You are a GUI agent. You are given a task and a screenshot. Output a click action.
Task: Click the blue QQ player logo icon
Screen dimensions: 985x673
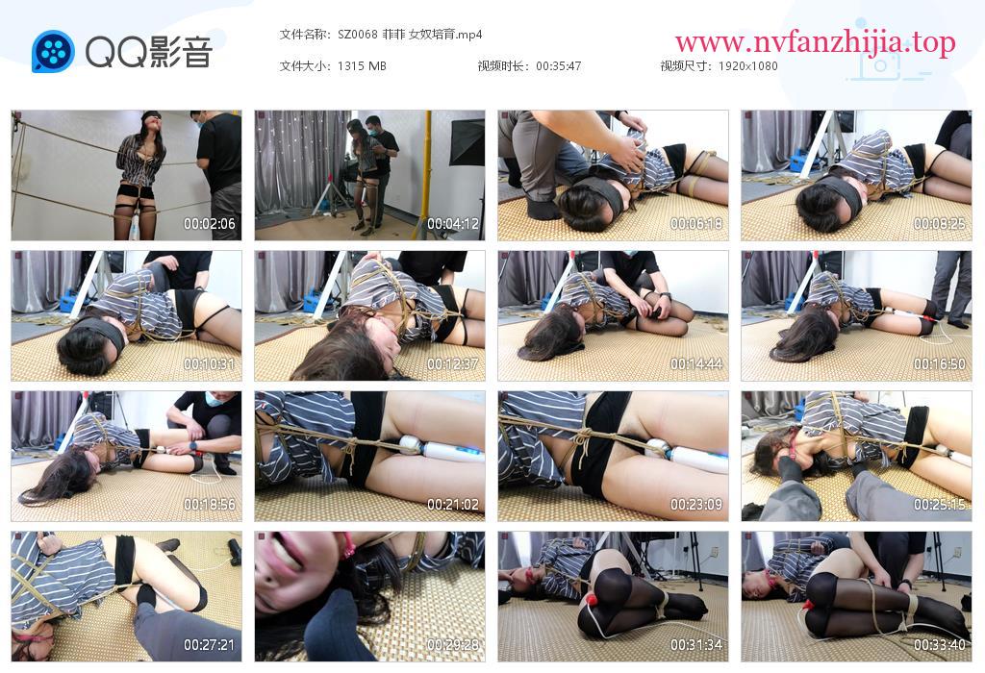tap(53, 52)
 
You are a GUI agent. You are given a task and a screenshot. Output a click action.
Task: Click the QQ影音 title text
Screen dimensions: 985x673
tap(149, 52)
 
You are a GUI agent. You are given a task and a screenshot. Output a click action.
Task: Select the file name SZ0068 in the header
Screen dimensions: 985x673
tap(358, 35)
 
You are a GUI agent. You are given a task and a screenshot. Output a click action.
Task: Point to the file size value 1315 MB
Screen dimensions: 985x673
tap(362, 66)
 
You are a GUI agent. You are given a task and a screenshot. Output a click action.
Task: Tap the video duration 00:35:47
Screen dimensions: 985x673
tap(559, 66)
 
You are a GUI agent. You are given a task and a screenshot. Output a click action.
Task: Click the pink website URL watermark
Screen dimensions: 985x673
tap(816, 42)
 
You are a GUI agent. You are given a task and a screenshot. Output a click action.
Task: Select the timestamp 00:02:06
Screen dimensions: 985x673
tap(209, 223)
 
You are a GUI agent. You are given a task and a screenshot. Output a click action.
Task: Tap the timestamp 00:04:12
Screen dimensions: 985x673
tap(453, 223)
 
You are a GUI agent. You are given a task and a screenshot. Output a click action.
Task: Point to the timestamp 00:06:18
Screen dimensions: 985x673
tap(696, 223)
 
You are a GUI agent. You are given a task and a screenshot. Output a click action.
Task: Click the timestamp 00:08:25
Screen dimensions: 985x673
tap(939, 223)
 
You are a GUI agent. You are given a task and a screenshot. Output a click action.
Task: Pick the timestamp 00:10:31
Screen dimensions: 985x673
tap(209, 364)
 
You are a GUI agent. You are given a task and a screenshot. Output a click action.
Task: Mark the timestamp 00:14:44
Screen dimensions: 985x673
tap(696, 364)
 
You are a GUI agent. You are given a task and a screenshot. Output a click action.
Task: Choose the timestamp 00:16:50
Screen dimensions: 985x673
tap(939, 364)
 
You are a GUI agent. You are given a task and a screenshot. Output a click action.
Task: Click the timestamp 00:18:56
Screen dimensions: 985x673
tap(209, 505)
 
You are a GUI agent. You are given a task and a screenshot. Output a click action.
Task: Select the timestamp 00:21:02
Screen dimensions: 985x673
tap(453, 505)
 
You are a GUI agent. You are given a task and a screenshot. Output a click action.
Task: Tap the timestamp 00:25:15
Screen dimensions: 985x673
tap(939, 505)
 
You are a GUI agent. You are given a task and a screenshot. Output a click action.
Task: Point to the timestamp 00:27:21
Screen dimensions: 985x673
tap(209, 645)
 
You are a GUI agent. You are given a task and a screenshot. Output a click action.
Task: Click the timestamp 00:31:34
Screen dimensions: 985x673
tap(696, 645)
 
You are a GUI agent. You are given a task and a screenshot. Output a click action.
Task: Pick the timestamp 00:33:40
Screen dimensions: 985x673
tap(939, 645)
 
